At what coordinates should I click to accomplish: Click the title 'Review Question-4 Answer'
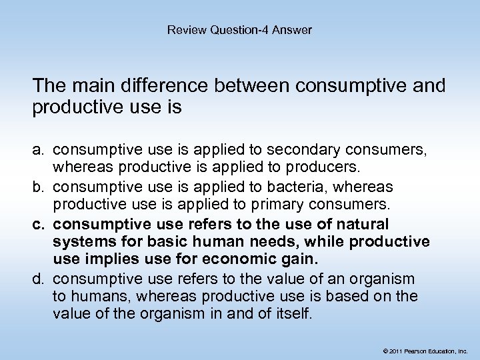pyautogui.click(x=239, y=29)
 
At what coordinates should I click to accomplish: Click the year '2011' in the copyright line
pyautogui.click(x=396, y=350)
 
